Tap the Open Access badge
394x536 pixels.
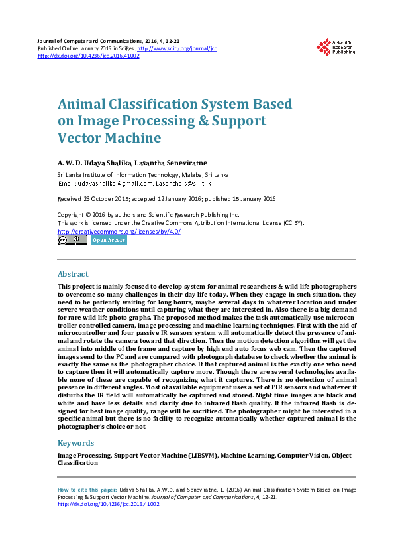point(109,241)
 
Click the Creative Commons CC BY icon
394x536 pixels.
point(72,241)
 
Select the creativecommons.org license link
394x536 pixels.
point(119,231)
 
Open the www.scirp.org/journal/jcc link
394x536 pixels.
point(177,49)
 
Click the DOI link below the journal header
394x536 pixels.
point(89,56)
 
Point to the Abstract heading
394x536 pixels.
point(73,274)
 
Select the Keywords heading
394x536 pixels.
point(76,443)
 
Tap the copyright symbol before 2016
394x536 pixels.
point(88,215)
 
